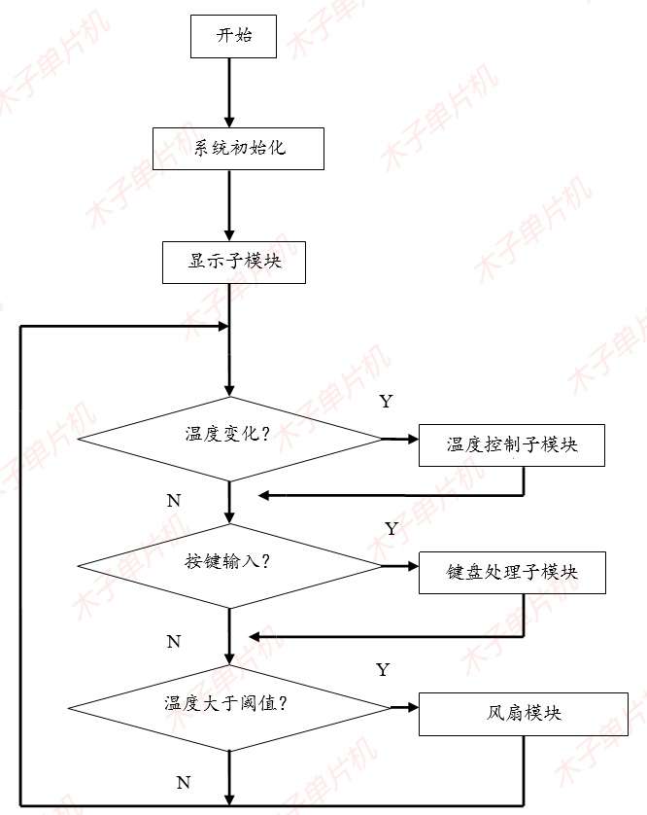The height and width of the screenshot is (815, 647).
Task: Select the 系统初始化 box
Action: tap(237, 149)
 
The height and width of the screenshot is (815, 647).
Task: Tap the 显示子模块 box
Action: tap(234, 262)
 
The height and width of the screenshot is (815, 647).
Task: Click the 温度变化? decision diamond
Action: tap(230, 438)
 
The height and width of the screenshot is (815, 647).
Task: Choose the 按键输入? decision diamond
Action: tap(229, 565)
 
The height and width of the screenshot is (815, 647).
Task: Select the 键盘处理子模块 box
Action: tap(512, 572)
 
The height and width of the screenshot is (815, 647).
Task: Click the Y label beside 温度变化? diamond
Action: tap(386, 401)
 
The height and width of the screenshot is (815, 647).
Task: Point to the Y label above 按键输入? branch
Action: tap(391, 529)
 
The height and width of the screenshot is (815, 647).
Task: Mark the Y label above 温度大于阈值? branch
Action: tap(382, 670)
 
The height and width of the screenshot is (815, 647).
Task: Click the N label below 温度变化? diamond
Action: tap(173, 501)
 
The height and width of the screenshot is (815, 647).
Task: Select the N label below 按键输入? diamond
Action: tap(173, 642)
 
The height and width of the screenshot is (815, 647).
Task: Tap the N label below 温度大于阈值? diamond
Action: tap(182, 782)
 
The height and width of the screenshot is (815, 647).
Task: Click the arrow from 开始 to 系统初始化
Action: tap(230, 92)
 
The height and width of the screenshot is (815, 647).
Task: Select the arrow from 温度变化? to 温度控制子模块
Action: tap(399, 440)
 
